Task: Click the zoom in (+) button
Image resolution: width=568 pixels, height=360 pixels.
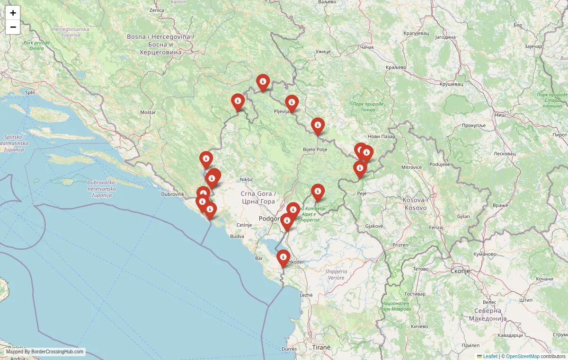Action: point(13,13)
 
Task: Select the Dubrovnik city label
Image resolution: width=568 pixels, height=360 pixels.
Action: point(172,194)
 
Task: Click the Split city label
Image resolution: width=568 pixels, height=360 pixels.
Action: point(30,93)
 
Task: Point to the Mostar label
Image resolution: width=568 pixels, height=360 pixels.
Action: point(148,113)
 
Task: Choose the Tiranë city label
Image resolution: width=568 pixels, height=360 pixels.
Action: point(321,347)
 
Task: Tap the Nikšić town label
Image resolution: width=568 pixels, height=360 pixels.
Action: point(247,180)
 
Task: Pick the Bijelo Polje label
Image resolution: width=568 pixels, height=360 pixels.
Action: point(315,149)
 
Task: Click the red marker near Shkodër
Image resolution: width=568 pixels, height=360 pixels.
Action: point(283,258)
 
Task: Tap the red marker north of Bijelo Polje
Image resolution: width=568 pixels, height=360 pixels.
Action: point(318,125)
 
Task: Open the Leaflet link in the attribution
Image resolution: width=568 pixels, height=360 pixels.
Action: point(490,356)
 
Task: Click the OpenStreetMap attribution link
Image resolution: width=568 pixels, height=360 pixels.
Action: point(523,356)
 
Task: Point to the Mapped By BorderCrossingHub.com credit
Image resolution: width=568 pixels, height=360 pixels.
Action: point(45,352)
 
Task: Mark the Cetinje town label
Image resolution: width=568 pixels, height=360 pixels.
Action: point(244,225)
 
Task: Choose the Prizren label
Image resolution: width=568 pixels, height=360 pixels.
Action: point(400,245)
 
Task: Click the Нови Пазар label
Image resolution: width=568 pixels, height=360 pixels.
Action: point(381,137)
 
